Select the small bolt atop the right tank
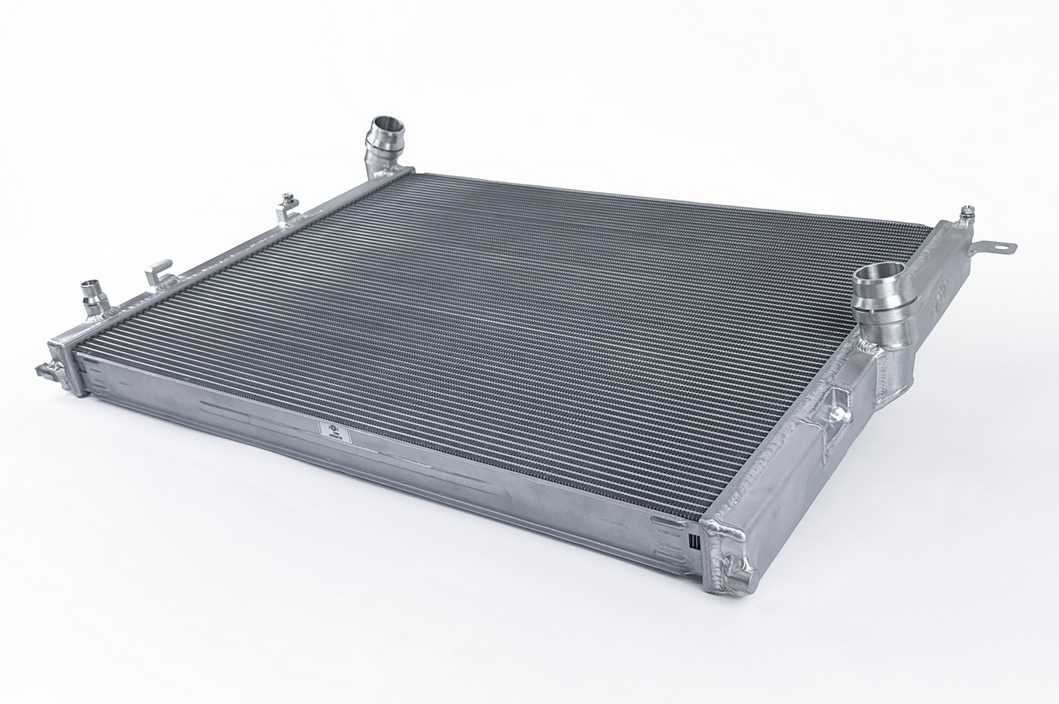pyautogui.click(x=968, y=210)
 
